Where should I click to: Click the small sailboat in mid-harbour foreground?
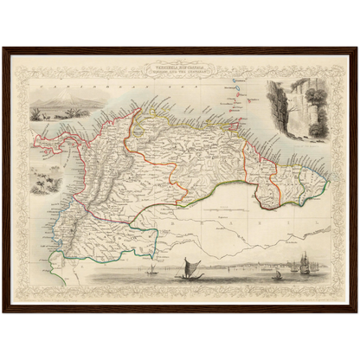(277, 274)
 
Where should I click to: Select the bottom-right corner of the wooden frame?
(356, 311)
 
